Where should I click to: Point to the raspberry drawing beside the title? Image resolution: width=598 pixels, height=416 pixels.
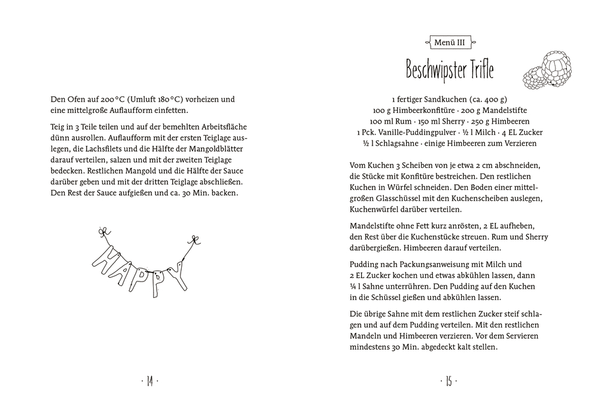pos(548,70)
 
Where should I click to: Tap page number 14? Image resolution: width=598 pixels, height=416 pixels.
pos(149,381)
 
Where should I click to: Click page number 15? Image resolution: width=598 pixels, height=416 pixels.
pos(448,381)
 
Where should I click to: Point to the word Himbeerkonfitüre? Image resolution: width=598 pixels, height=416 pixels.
pos(429,111)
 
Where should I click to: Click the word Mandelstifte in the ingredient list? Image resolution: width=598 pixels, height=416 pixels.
pos(501,111)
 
